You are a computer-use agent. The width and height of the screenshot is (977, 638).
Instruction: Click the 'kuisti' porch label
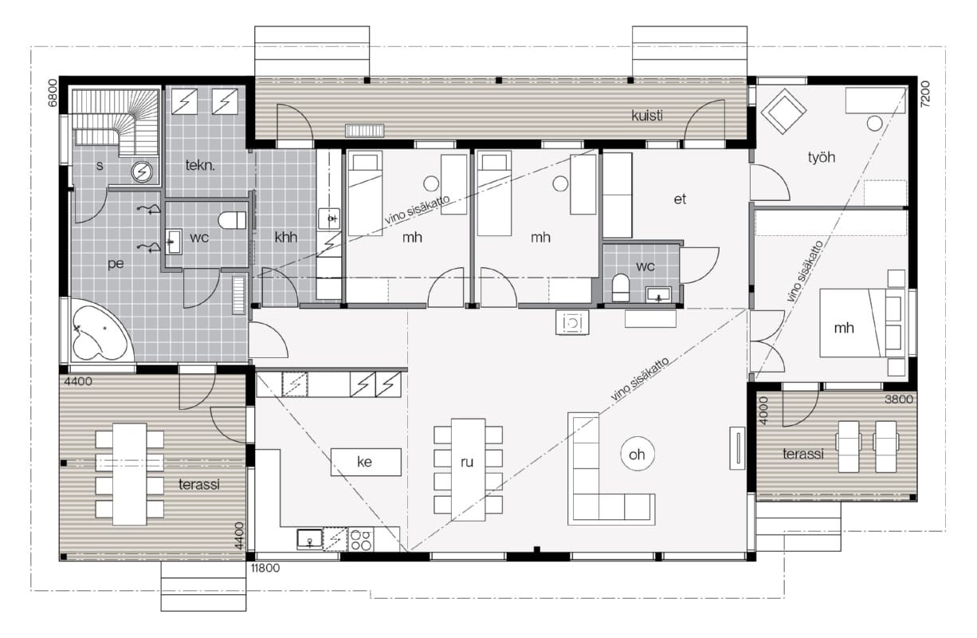[647, 115]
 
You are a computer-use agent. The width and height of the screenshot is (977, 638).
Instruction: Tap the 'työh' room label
[822, 157]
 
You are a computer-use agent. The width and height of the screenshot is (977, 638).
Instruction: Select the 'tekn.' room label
[200, 165]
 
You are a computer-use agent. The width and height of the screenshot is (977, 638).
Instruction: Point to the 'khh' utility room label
[286, 237]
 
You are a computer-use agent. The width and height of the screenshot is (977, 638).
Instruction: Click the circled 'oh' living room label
[637, 455]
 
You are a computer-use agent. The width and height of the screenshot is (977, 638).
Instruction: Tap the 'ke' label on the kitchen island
[365, 462]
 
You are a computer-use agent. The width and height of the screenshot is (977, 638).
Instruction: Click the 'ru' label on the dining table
[467, 462]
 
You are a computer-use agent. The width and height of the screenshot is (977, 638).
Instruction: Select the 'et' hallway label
[680, 199]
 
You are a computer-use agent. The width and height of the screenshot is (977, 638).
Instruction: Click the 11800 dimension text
[265, 568]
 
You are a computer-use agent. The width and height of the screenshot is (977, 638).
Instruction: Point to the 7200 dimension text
[925, 94]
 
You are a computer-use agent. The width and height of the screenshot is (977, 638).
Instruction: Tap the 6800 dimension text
[52, 93]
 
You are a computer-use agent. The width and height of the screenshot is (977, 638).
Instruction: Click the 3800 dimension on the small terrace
[898, 400]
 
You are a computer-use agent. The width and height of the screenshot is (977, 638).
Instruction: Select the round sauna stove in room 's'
[142, 171]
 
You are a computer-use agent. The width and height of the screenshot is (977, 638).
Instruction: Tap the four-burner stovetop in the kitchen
[361, 540]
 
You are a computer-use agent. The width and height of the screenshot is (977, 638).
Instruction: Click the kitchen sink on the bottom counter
[310, 539]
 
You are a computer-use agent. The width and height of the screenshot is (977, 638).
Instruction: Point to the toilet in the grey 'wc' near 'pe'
[232, 220]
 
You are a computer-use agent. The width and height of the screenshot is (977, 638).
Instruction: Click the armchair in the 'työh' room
[783, 112]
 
